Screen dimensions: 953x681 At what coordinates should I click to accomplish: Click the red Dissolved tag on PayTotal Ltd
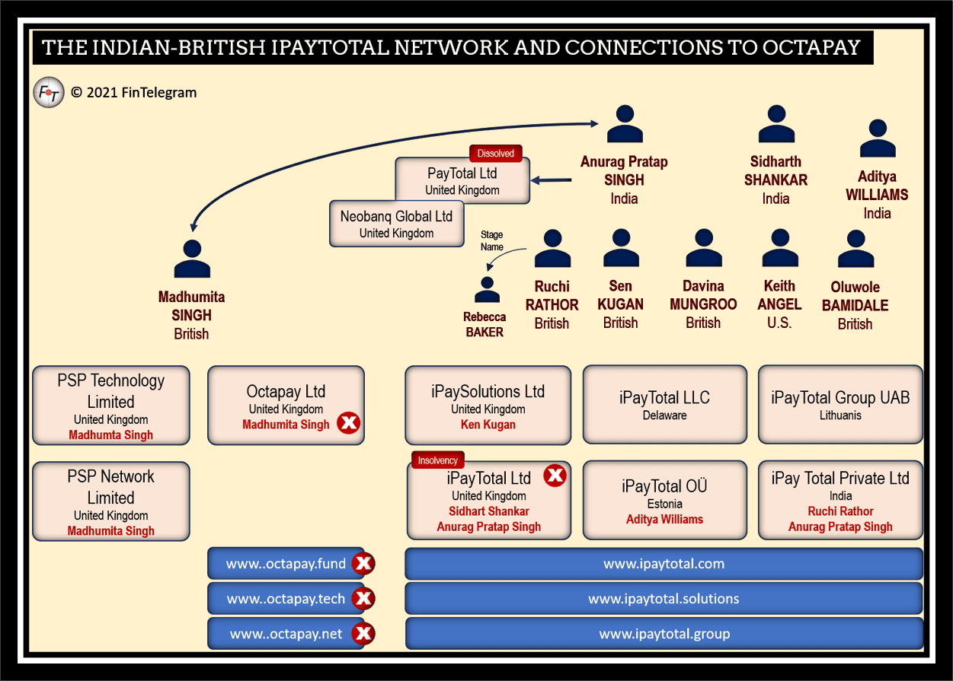[496, 154]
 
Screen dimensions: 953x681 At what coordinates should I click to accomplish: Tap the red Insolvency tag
[438, 460]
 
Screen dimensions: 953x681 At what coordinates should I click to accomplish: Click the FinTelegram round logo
[49, 92]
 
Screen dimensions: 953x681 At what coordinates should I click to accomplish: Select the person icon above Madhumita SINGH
[192, 259]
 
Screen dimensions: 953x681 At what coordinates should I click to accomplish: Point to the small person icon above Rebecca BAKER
[487, 290]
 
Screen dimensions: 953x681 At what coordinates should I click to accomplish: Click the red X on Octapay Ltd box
[348, 423]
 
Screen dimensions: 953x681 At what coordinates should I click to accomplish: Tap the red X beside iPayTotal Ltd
[555, 476]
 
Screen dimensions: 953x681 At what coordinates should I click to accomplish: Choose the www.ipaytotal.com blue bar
[664, 564]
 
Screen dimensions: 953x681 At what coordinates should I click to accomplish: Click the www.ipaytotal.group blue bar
[664, 634]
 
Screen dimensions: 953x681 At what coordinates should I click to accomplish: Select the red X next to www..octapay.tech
[363, 599]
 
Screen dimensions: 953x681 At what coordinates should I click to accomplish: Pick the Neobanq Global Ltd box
[397, 224]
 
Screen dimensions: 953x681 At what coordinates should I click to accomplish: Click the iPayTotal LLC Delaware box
[664, 405]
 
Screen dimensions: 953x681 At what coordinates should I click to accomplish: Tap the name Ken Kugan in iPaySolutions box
[488, 425]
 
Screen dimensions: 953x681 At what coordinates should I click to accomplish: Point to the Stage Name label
[492, 240]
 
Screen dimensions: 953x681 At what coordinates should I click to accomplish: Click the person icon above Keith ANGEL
[780, 248]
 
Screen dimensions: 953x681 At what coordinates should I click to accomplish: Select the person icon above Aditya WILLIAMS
[878, 138]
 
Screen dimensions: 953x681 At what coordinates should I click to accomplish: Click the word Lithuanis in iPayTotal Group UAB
[840, 415]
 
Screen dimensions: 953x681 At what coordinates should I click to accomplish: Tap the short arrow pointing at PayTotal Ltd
[552, 180]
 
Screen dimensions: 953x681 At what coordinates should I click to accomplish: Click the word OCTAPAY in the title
[811, 47]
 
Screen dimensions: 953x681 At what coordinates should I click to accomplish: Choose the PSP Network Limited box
[111, 501]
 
